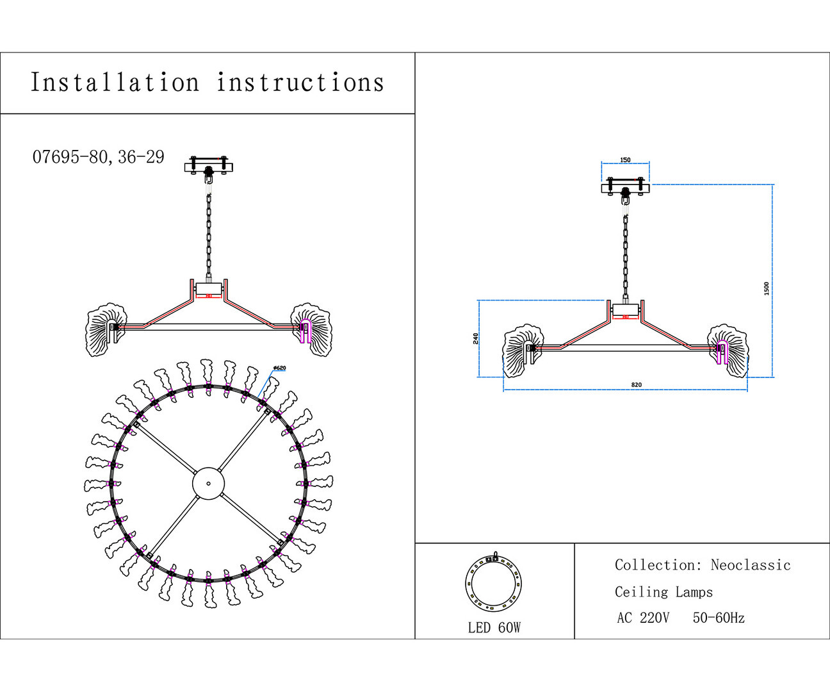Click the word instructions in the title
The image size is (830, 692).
300,83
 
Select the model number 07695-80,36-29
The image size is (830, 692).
99,157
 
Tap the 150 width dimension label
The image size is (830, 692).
625,160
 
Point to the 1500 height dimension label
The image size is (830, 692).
767,288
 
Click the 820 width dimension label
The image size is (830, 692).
636,385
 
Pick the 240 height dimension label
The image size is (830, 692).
476,338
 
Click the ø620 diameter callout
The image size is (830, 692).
279,368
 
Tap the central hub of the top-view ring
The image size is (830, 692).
209,482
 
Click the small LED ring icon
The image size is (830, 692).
493,584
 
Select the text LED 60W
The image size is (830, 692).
494,628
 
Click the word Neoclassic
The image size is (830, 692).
751,565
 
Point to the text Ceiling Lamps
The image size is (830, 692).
663,592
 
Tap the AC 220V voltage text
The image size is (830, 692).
643,618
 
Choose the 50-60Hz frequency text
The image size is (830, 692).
719,618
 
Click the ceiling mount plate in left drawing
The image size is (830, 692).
209,167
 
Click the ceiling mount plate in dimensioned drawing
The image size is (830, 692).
625,187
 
